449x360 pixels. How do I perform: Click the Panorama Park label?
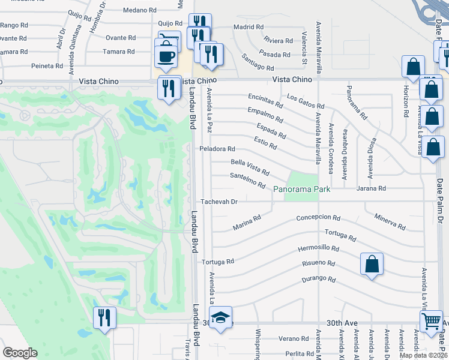[x=302, y=190]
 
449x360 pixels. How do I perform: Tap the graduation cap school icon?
[x=221, y=317]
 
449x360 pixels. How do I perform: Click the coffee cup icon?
[x=166, y=56]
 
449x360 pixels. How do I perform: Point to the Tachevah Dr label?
[x=220, y=202]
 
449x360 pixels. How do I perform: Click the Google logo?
[x=20, y=353]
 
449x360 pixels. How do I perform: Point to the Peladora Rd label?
[x=217, y=149]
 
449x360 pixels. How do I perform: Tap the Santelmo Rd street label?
[x=247, y=180]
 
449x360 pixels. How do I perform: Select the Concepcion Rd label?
[x=318, y=218]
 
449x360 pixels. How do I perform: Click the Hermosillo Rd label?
[x=318, y=248]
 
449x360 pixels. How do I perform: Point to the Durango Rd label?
[x=319, y=279]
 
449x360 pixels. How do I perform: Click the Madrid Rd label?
[x=249, y=27]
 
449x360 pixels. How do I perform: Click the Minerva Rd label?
[x=390, y=221]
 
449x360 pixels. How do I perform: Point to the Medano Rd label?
[x=139, y=10]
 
